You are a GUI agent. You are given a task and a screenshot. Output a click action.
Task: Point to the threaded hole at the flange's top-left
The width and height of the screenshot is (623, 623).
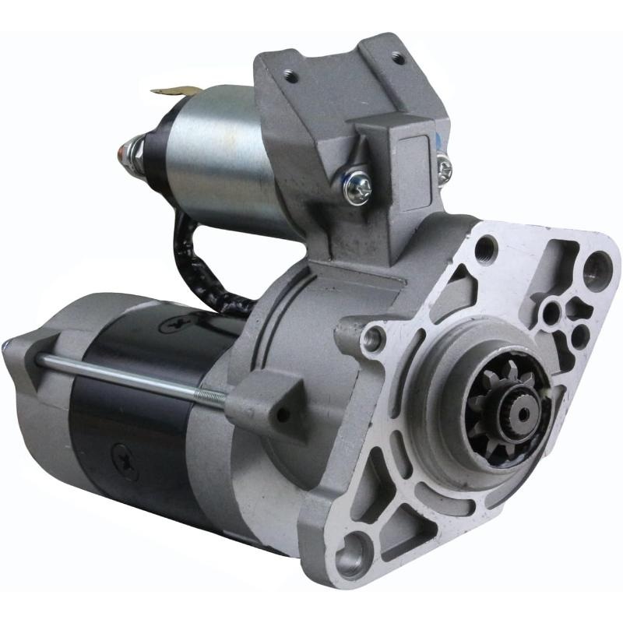point(486,248)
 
